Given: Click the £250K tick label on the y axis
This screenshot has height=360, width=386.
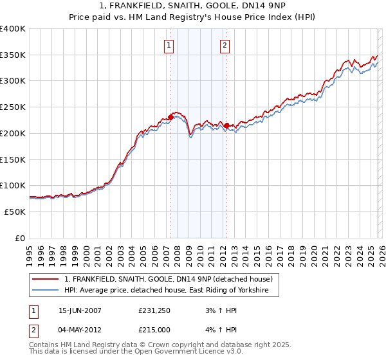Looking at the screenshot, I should (x=13, y=107).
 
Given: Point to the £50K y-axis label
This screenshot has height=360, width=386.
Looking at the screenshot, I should (x=15, y=212).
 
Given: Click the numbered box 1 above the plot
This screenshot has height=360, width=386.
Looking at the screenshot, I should (x=169, y=45).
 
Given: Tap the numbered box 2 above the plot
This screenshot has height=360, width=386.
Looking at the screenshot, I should (x=225, y=45).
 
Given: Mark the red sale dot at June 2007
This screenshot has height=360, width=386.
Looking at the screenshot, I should (x=171, y=117).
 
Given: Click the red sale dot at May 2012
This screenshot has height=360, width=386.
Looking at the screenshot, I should (x=226, y=125).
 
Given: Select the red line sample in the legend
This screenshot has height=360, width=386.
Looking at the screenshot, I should (x=46, y=279).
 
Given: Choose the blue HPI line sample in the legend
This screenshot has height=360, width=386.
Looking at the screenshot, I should (x=46, y=291).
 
